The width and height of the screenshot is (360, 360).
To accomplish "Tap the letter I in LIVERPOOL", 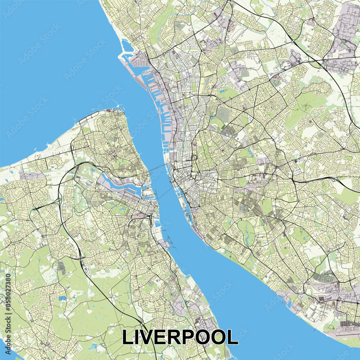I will tap(138, 337).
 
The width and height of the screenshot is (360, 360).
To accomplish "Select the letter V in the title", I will tap(148, 337).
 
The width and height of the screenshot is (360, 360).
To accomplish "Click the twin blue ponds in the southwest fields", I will tap(63, 299).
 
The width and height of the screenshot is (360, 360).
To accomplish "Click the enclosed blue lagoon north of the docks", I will tap(127, 47).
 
